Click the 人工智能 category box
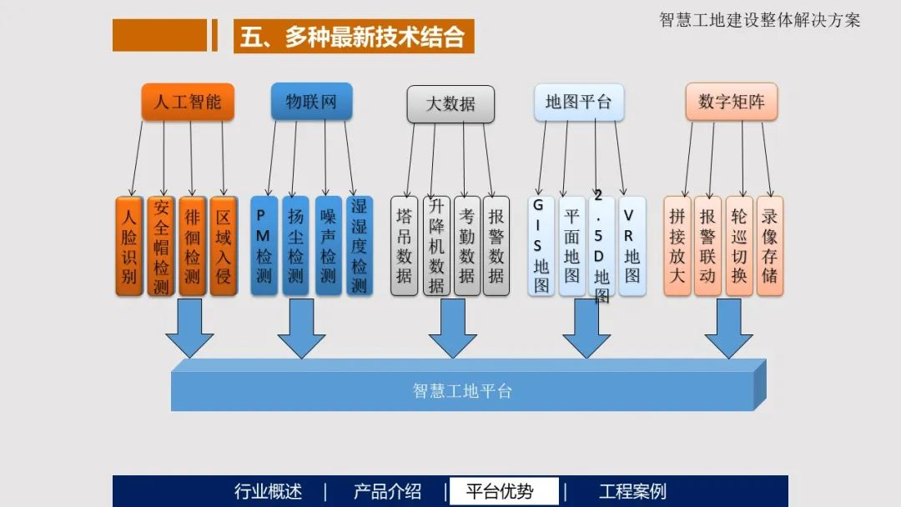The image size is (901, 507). [x=188, y=102]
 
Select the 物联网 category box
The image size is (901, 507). [x=311, y=101]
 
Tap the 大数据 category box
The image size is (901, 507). [x=450, y=104]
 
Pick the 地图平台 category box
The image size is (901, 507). [x=578, y=102]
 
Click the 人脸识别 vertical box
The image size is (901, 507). [x=129, y=246]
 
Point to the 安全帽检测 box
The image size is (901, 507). [x=161, y=246]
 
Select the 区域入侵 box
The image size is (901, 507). [x=224, y=246]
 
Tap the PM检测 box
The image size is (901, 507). [x=264, y=246]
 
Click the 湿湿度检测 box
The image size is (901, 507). [x=359, y=246]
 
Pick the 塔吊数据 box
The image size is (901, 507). [x=405, y=246]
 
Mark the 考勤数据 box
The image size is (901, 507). [x=467, y=246]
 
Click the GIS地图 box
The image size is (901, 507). [x=541, y=246]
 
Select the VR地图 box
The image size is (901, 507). [x=632, y=246]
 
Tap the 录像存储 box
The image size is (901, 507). [x=769, y=246]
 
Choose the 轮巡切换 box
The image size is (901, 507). [x=738, y=246]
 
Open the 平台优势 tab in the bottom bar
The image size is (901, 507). [x=499, y=491]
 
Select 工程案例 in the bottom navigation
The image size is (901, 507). [x=632, y=491]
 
